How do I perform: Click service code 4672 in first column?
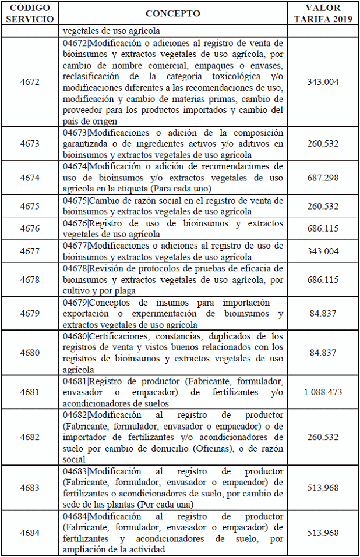coord(30,82)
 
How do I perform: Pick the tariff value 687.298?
coord(323,178)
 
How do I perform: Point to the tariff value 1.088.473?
coord(323,392)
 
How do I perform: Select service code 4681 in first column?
coord(30,392)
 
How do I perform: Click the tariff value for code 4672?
coord(323,82)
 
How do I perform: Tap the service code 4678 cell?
coord(30,279)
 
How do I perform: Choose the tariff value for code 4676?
coord(323,229)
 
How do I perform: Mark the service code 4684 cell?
coord(30,533)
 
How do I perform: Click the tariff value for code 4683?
coord(323,488)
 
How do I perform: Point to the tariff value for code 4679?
coord(323,314)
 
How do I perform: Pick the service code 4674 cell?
coord(30,178)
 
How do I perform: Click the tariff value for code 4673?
coord(323,144)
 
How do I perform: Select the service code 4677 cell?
coord(30,251)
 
